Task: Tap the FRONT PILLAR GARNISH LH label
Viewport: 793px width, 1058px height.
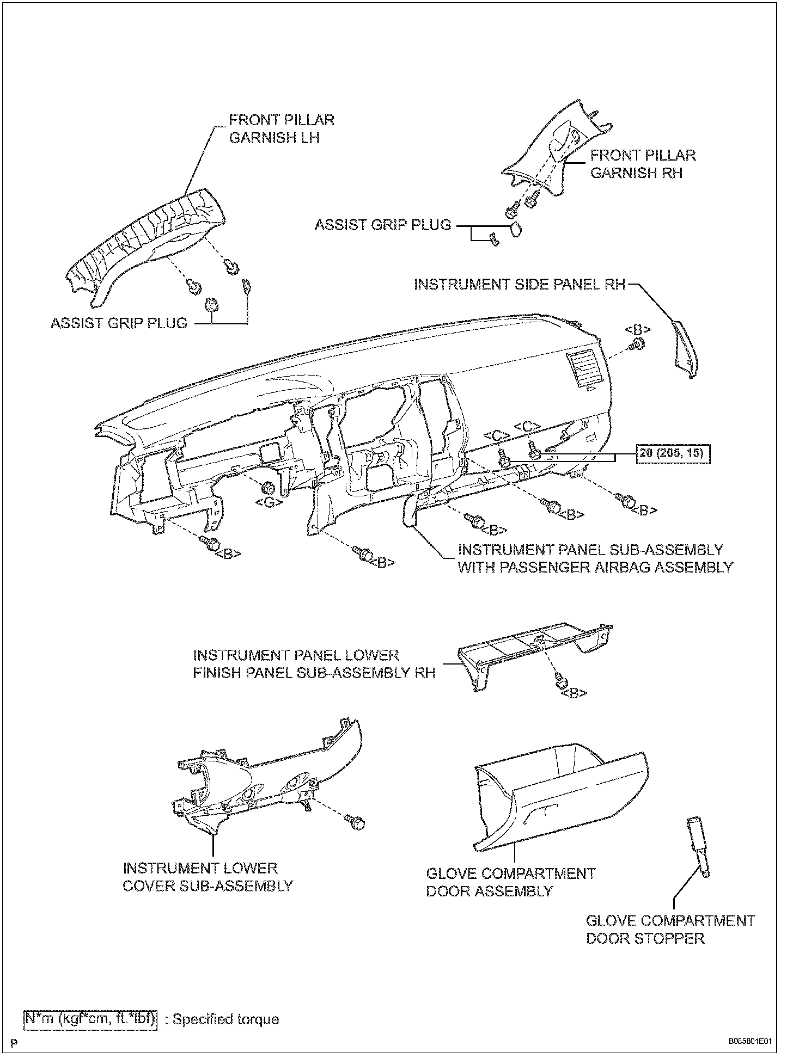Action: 281,129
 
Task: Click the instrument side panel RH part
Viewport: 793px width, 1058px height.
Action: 684,349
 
